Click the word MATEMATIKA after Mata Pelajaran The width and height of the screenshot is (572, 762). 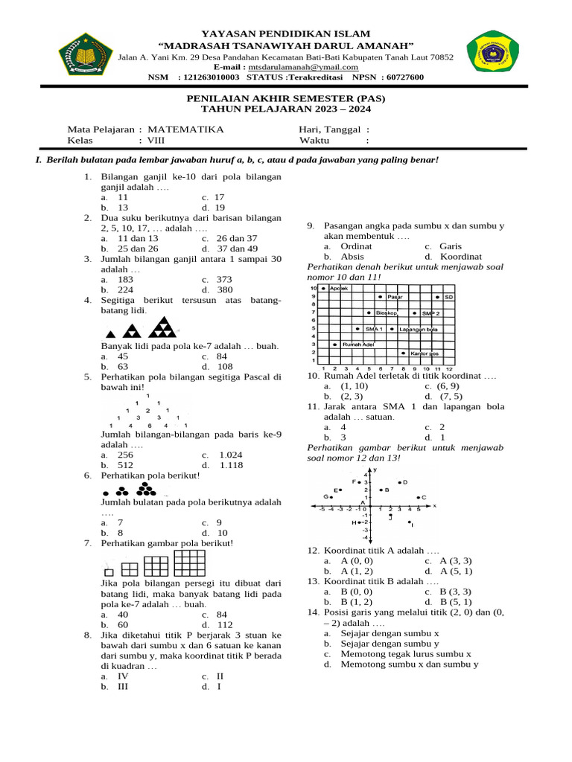tap(185, 129)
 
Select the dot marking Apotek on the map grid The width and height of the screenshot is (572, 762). tap(323, 287)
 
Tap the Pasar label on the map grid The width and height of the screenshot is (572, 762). tap(395, 297)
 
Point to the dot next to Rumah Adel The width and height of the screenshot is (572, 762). tap(334, 345)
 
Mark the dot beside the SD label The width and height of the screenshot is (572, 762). tap(438, 297)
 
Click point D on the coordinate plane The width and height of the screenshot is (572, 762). tap(400, 482)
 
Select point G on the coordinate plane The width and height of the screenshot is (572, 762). tap(331, 496)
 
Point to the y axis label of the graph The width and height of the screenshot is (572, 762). tap(375, 470)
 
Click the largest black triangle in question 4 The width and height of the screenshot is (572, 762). tap(163, 327)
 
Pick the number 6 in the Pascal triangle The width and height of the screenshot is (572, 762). tap(148, 426)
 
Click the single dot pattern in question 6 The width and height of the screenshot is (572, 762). tap(106, 493)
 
